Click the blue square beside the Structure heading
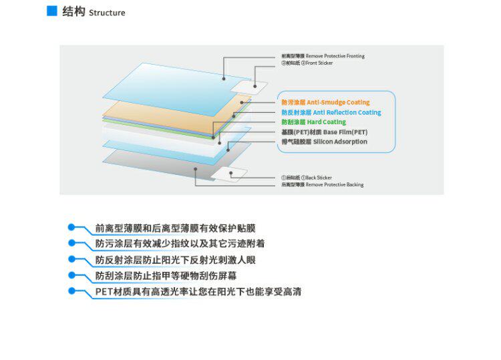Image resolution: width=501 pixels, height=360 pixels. (x=51, y=11)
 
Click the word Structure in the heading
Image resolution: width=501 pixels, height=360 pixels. (x=107, y=13)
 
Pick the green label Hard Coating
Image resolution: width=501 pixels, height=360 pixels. (x=327, y=122)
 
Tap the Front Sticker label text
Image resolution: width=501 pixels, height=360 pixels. (x=319, y=63)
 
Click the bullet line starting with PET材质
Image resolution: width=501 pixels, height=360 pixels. (x=198, y=292)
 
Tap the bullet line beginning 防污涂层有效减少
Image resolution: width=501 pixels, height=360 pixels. (x=180, y=244)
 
